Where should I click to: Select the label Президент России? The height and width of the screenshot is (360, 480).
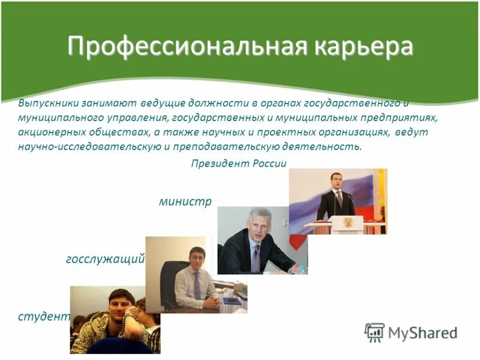[239, 164]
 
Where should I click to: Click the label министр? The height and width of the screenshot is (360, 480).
[185, 202]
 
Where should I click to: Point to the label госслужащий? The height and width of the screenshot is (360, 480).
[105, 259]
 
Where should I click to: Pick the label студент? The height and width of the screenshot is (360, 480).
[44, 316]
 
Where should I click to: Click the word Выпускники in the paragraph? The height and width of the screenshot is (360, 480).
[46, 103]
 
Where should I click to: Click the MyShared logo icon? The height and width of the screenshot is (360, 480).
[374, 332]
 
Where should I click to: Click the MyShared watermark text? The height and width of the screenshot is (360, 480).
[422, 332]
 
